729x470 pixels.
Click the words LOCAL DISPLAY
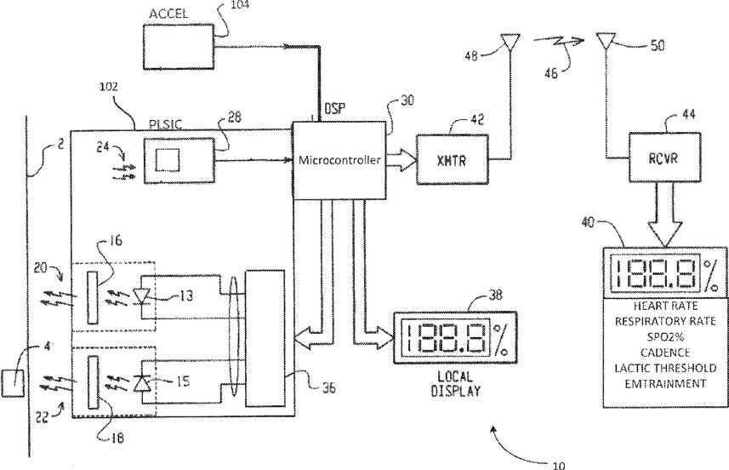pyautogui.click(x=445, y=387)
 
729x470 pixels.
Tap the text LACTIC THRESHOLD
pyautogui.click(x=662, y=367)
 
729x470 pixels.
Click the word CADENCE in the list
pyautogui.click(x=662, y=351)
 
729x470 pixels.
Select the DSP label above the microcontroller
pyautogui.click(x=334, y=109)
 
